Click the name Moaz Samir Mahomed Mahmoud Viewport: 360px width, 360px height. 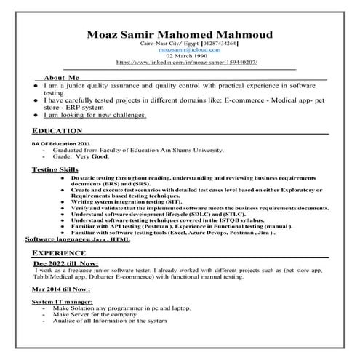point(180,34)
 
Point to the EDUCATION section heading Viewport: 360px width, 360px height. point(57,130)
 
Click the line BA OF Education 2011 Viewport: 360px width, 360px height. point(60,143)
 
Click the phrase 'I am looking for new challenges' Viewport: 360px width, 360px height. point(95,115)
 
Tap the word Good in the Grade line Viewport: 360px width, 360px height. point(100,156)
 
